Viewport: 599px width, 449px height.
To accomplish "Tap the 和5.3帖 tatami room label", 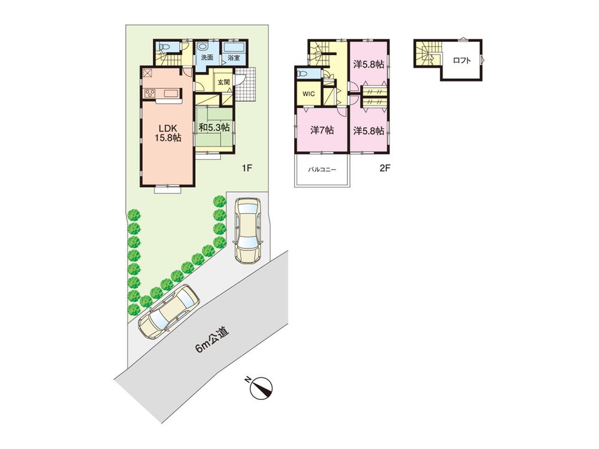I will pyautogui.click(x=214, y=128).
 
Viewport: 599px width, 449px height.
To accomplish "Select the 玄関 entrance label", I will pyautogui.click(x=223, y=82).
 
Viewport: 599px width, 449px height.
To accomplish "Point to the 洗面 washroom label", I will pyautogui.click(x=207, y=58).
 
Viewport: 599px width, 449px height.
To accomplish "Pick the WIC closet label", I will pyautogui.click(x=309, y=94).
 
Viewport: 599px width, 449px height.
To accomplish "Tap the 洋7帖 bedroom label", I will pyautogui.click(x=322, y=130).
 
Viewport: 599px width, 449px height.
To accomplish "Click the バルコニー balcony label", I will pyautogui.click(x=322, y=170).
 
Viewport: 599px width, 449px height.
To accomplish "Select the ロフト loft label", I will pyautogui.click(x=462, y=60).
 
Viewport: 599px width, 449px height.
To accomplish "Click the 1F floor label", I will pyautogui.click(x=246, y=168).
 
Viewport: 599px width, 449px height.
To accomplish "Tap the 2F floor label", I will pyautogui.click(x=385, y=168).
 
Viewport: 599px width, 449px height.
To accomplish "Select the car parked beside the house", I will pyautogui.click(x=247, y=230).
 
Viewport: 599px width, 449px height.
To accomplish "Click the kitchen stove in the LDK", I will pyautogui.click(x=149, y=93).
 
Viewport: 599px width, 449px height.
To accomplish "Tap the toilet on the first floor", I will pyautogui.click(x=165, y=47).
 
